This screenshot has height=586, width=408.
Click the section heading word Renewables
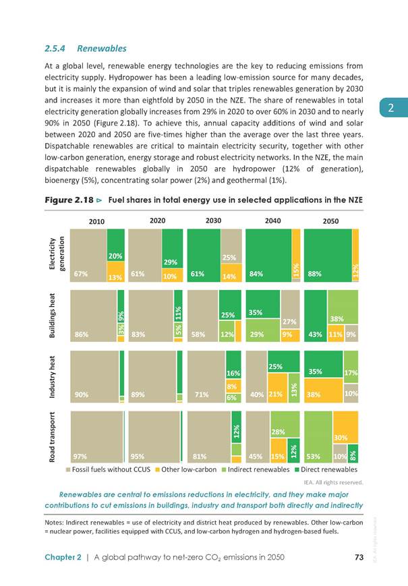click(x=102, y=49)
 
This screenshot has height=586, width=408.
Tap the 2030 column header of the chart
click(x=213, y=221)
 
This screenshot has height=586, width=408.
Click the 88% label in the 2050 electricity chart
click(x=314, y=274)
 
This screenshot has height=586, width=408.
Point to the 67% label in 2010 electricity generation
click(x=81, y=274)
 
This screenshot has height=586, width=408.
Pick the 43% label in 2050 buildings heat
click(x=316, y=334)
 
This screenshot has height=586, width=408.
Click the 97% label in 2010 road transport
click(x=80, y=457)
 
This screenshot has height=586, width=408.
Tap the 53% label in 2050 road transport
click(x=313, y=457)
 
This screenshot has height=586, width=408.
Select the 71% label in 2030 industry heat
click(x=202, y=394)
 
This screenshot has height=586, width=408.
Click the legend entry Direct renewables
click(x=326, y=469)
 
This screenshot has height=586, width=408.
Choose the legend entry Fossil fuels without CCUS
click(x=108, y=469)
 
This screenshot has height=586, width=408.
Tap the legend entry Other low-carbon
click(x=186, y=469)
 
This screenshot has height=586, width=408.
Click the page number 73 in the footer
click(x=359, y=557)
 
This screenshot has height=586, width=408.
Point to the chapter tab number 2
click(x=391, y=108)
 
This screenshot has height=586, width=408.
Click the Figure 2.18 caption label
click(x=69, y=200)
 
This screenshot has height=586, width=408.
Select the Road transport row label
click(x=53, y=437)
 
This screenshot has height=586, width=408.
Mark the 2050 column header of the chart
click(x=330, y=221)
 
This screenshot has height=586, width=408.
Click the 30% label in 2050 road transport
click(x=341, y=437)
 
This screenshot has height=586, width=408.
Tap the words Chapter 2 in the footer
click(x=63, y=557)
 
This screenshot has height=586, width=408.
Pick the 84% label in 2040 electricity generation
click(x=256, y=274)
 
